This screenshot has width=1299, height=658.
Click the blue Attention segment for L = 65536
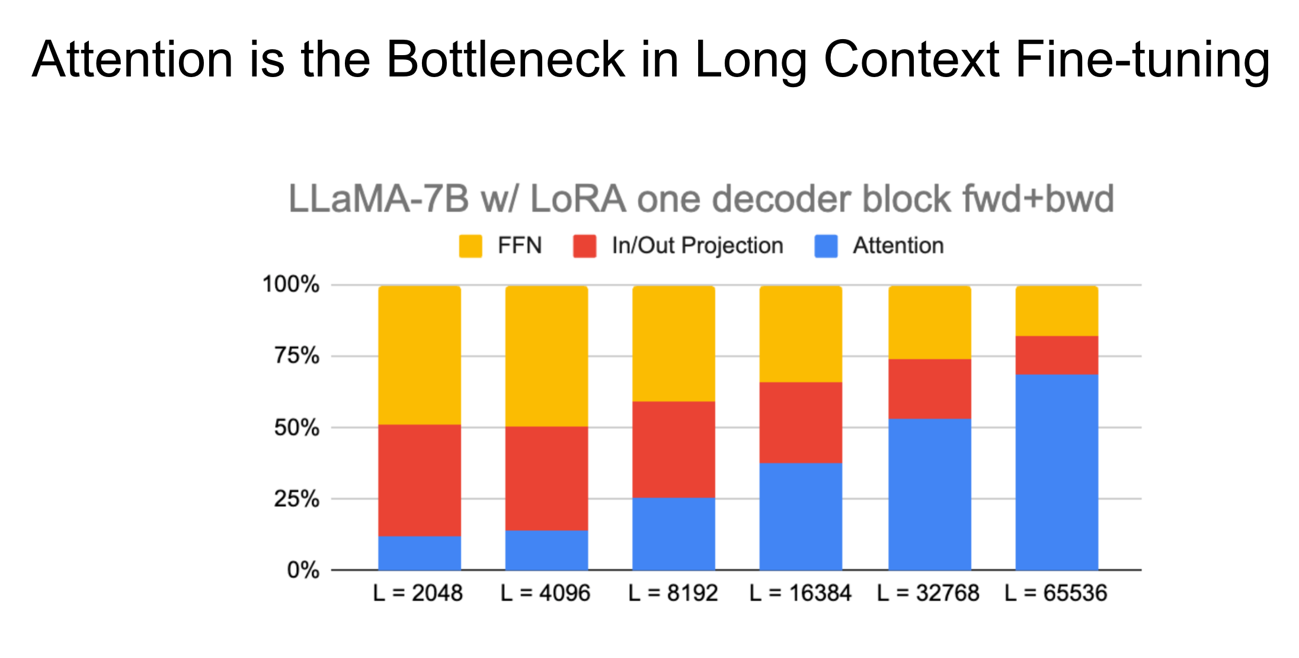point(1057,472)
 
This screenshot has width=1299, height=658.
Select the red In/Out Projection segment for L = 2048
point(420,480)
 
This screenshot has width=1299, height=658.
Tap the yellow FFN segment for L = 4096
point(546,356)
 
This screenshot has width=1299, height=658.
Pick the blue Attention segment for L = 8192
point(674,534)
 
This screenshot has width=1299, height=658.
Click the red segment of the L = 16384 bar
point(801,422)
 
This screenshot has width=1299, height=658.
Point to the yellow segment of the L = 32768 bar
point(929,322)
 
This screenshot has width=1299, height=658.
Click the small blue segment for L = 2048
point(420,553)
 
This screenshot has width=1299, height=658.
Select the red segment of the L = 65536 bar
point(1057,355)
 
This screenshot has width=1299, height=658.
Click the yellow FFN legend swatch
point(471,246)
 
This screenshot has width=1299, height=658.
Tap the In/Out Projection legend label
point(698,245)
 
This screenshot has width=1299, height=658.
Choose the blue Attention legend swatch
point(826,246)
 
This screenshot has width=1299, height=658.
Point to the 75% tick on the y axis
point(296,356)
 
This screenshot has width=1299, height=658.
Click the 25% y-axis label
point(296,499)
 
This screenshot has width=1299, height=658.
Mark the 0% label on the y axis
point(303,570)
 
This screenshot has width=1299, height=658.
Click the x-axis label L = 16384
point(800,593)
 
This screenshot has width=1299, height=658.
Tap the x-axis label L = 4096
point(545,593)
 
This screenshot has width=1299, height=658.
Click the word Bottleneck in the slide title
point(505,59)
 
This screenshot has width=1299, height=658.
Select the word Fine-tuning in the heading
point(1142,59)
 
